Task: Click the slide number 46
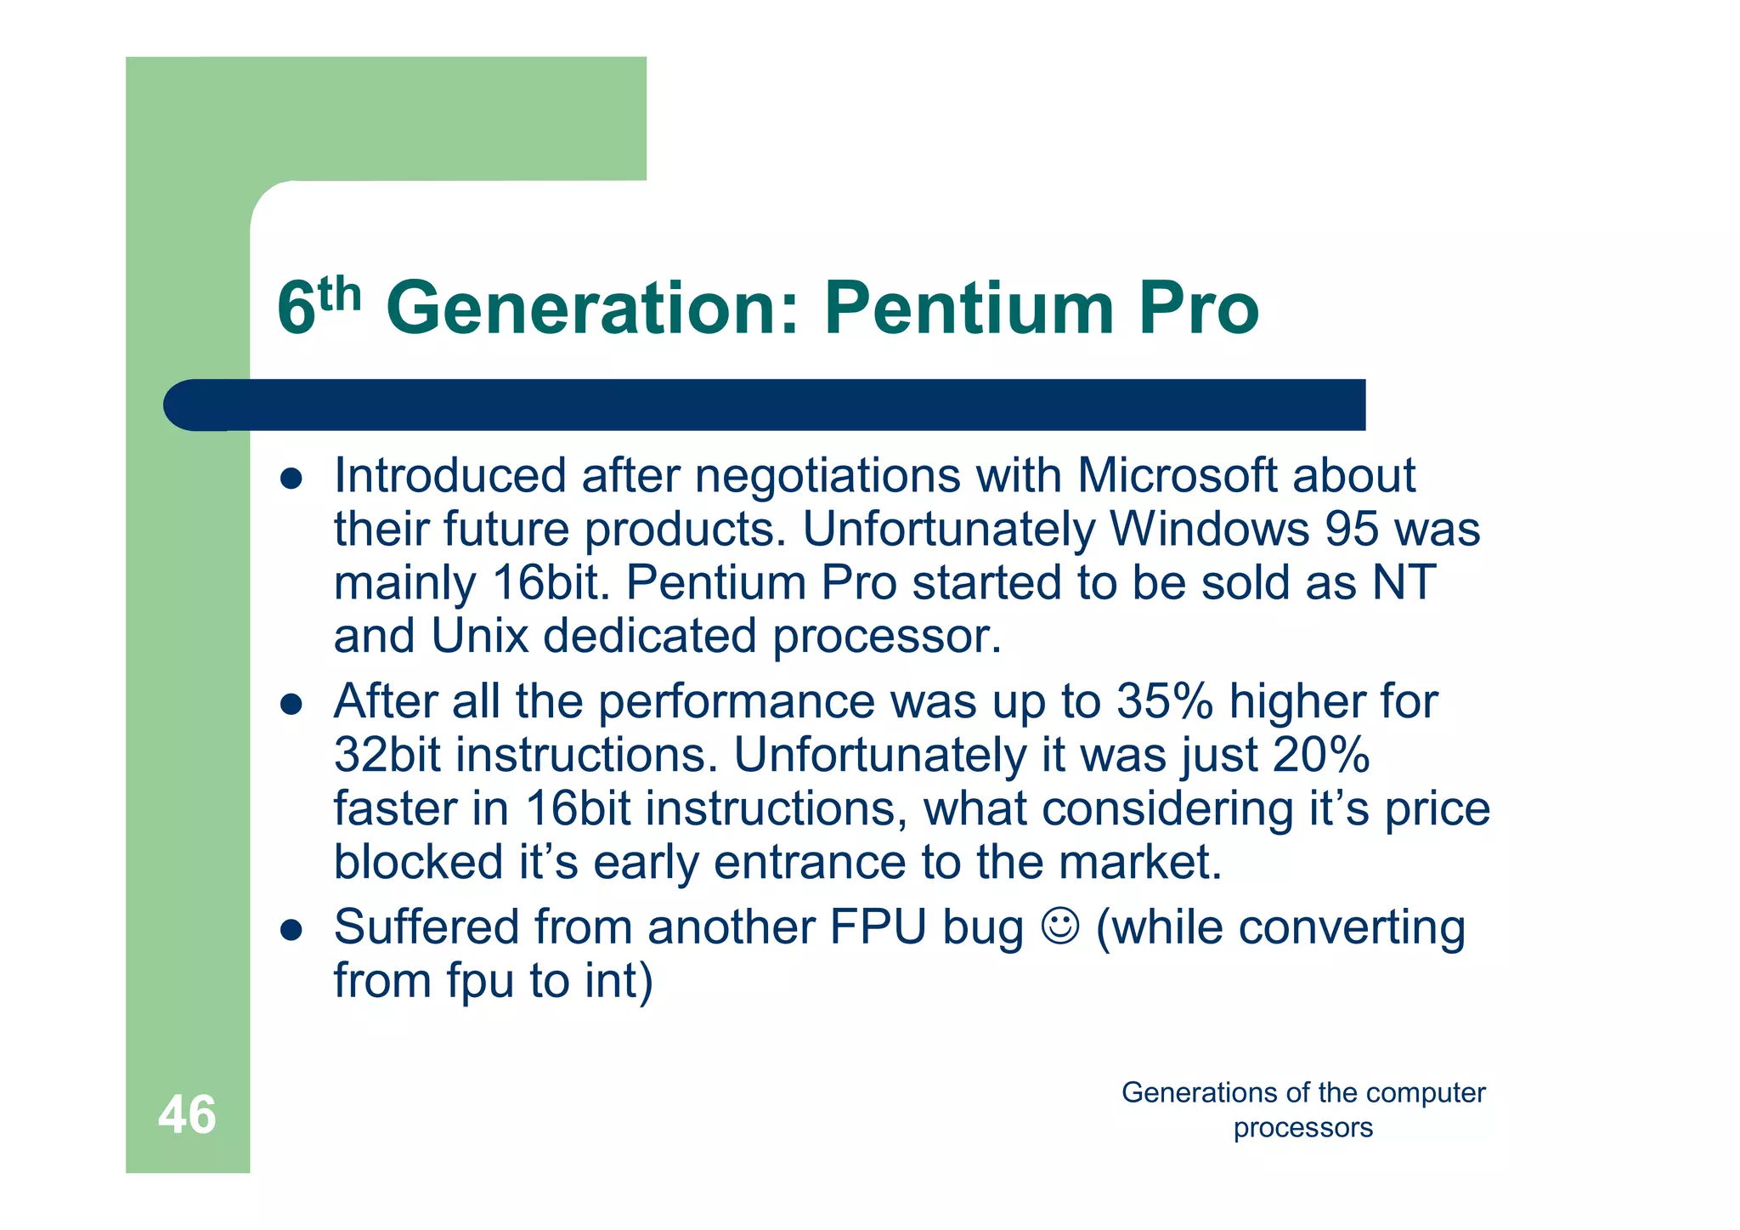187,1114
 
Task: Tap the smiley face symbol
1060,927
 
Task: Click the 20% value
1321,755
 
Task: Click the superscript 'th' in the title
340,294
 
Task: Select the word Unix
479,636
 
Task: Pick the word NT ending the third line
1404,582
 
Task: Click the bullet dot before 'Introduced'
291,479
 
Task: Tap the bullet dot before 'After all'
291,705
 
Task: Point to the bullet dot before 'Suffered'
291,930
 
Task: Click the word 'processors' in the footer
1302,1128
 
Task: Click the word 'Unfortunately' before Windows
948,529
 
